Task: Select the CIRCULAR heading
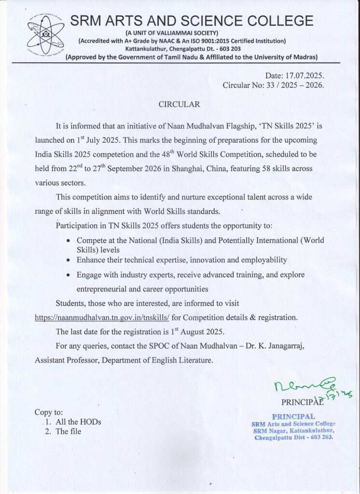179,104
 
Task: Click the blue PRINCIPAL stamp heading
293,416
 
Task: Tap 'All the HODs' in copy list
78,422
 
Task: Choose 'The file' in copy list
69,431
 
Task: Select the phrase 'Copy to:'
49,412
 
